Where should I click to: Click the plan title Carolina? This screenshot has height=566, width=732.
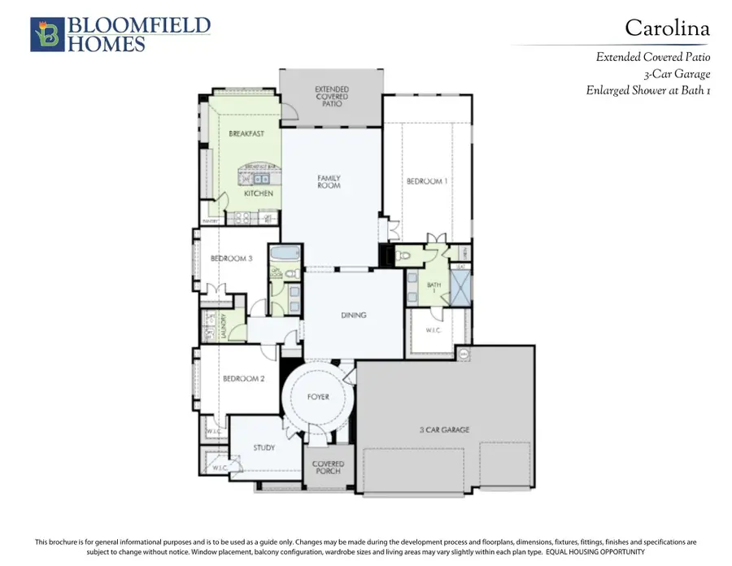666,28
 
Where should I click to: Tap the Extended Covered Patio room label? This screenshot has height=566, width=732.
331,97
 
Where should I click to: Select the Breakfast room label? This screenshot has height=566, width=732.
246,133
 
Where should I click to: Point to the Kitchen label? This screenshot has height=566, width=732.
259,194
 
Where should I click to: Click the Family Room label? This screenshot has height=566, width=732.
329,182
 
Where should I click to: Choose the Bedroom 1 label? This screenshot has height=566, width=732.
426,181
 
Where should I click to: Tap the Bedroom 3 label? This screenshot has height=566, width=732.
231,259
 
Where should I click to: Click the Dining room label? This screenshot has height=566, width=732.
353,316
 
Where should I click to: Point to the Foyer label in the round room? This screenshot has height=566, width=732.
318,397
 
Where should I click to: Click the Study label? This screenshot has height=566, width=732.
264,447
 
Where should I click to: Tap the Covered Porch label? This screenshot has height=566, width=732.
329,468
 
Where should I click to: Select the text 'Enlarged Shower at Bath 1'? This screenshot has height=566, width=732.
648,90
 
